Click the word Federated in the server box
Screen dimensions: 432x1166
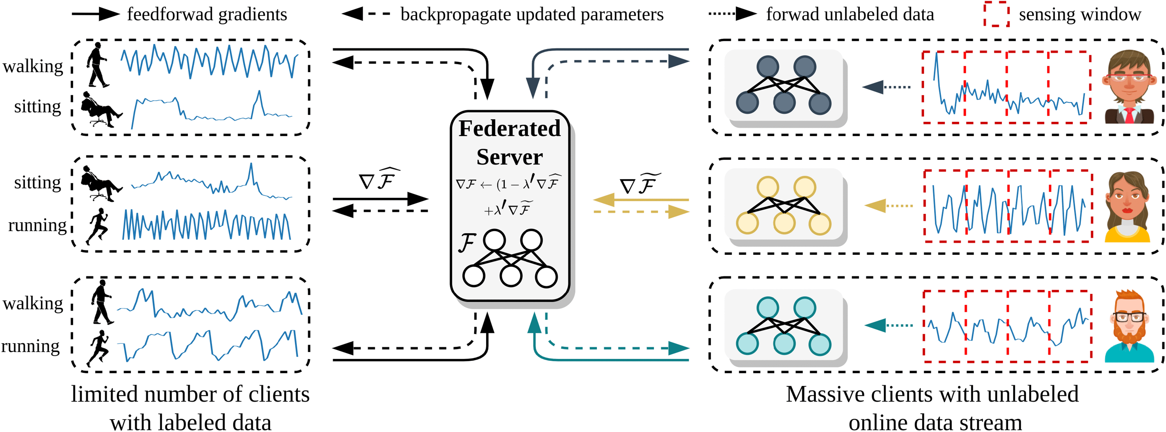pyautogui.click(x=509, y=128)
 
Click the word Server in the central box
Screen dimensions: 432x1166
pyautogui.click(x=509, y=157)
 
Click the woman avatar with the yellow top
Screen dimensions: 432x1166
pyautogui.click(x=1127, y=207)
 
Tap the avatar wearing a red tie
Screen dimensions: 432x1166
pyautogui.click(x=1129, y=88)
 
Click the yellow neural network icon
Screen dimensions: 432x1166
pyautogui.click(x=784, y=206)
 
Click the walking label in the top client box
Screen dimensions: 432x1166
pyautogui.click(x=33, y=66)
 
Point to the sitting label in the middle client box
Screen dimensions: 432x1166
pyautogui.click(x=38, y=183)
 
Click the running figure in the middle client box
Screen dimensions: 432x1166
pyautogui.click(x=98, y=226)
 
